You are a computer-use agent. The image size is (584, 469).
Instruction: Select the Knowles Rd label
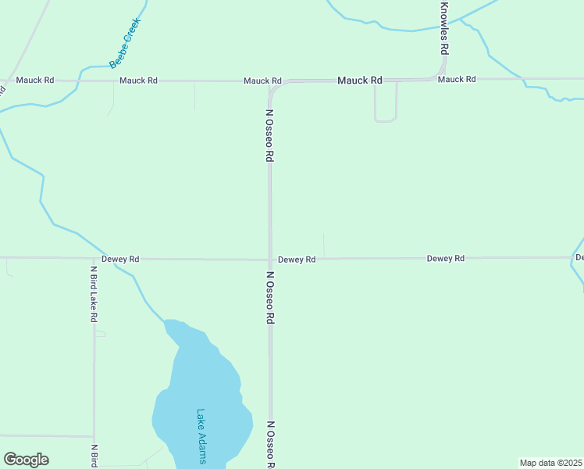444,27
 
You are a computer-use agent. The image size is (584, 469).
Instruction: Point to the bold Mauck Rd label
360,81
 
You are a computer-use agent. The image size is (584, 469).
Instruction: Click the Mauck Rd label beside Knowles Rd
457,80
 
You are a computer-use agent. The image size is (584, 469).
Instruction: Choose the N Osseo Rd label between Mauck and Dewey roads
269,134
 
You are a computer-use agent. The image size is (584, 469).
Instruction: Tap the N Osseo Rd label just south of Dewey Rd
270,298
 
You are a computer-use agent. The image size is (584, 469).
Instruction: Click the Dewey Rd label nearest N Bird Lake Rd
120,259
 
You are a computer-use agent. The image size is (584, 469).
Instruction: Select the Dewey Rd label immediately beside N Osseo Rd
297,260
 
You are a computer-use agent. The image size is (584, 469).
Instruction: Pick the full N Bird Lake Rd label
94,294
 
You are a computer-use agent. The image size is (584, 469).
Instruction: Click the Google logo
26,460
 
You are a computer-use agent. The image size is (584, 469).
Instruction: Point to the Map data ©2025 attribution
551,463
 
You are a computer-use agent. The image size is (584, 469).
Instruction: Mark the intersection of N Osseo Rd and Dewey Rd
270,259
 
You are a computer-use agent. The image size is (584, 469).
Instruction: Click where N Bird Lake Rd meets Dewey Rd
94,259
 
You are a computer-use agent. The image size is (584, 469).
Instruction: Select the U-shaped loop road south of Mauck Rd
386,120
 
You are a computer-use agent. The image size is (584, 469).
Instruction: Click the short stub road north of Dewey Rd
323,244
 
